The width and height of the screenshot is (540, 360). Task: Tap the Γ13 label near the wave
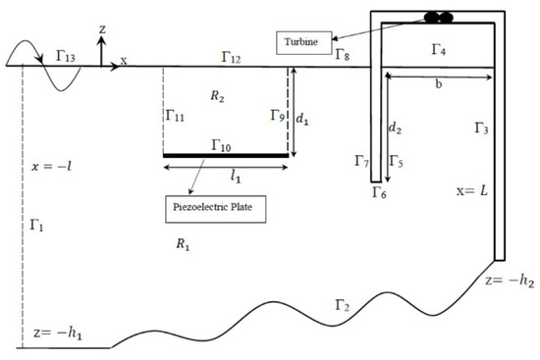(65, 59)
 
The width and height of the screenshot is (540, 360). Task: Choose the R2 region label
(218, 95)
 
